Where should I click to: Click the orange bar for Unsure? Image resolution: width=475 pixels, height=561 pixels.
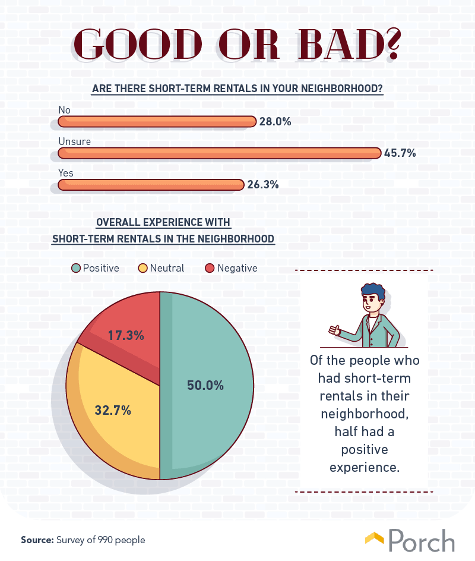point(220,153)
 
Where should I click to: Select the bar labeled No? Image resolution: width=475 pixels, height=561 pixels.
point(157,122)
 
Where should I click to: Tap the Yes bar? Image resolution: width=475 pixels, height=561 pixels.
point(151,185)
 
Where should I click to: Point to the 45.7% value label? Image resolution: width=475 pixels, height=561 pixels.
point(400,153)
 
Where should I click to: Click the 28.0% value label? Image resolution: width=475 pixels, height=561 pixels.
point(275,122)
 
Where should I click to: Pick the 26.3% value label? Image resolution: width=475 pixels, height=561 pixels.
point(263,185)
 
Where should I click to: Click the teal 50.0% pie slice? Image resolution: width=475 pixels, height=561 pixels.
point(207,385)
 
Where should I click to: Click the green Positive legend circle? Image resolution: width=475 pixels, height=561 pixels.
point(76,268)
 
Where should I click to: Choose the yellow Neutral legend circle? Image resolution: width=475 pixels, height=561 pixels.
point(142,268)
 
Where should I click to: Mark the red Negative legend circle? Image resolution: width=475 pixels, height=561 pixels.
point(210,268)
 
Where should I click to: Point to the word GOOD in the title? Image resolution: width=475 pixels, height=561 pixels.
point(138,45)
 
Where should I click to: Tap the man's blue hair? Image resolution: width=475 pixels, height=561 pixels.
point(373,292)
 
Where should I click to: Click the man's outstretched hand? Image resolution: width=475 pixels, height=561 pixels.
point(334,330)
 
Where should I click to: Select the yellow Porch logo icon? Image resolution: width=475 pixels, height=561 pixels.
point(374,538)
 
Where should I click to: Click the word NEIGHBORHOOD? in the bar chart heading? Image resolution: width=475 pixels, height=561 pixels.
point(341,89)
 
